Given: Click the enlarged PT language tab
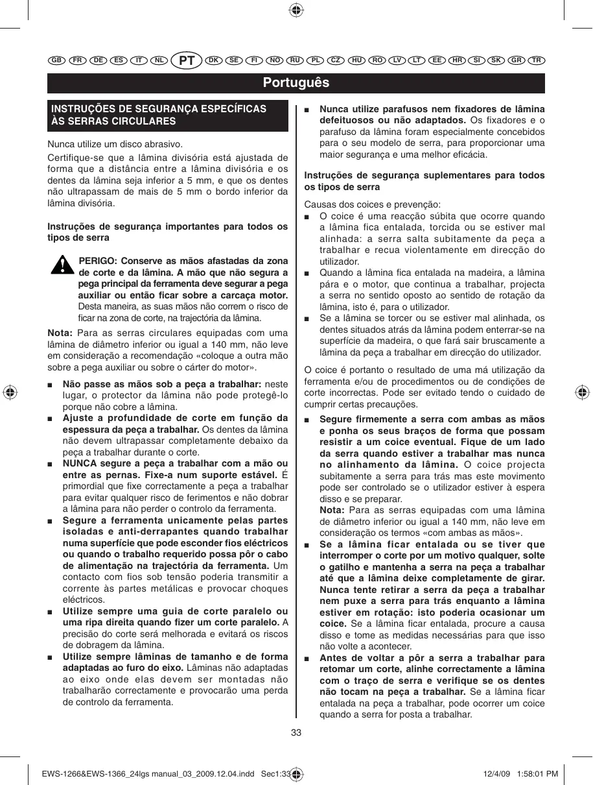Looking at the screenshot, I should (x=187, y=60).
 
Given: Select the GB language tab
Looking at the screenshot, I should (x=56, y=60).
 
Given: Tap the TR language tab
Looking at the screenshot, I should (x=537, y=60).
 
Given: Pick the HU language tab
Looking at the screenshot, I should (x=356, y=60).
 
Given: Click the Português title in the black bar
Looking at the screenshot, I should (x=296, y=82).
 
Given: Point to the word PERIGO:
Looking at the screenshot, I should (x=98, y=261).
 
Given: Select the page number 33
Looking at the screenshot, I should (x=296, y=732).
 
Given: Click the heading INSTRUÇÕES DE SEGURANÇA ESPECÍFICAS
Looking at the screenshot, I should (x=159, y=109).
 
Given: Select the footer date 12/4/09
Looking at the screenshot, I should (x=498, y=773).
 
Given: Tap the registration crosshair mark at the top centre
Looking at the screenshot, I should (x=296, y=10).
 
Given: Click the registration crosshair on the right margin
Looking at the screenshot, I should (x=582, y=392).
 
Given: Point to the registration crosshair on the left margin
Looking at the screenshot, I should (x=10, y=392).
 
